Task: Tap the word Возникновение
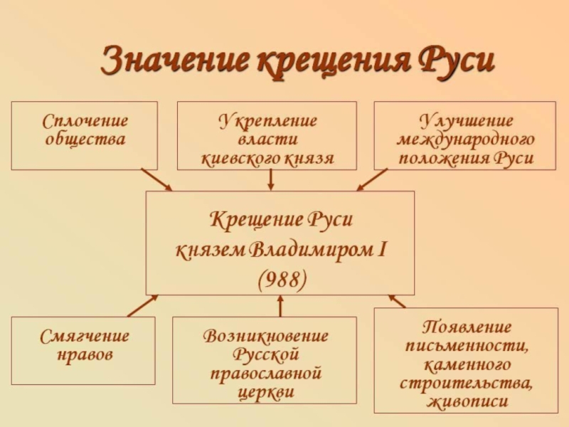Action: [265, 336]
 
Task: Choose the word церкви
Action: [265, 391]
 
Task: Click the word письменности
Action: [466, 347]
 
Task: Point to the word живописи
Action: [466, 401]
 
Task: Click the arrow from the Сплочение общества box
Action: [156, 179]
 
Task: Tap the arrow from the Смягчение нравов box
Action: [142, 305]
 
